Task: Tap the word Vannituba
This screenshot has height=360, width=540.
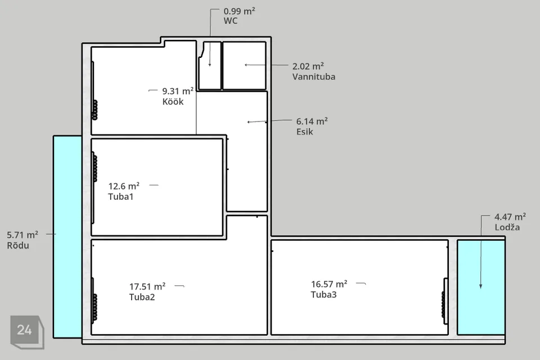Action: pyautogui.click(x=314, y=76)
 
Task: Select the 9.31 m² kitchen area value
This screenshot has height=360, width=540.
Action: pyautogui.click(x=178, y=91)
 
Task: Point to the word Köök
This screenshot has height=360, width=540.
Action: pyautogui.click(x=173, y=102)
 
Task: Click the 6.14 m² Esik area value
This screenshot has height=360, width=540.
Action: pyautogui.click(x=312, y=121)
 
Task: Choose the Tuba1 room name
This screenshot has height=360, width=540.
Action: pyautogui.click(x=120, y=197)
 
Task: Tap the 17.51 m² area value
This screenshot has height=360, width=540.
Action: pyautogui.click(x=147, y=287)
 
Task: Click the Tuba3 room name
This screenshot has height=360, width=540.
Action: pyautogui.click(x=324, y=295)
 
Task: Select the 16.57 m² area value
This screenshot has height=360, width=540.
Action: pyautogui.click(x=329, y=284)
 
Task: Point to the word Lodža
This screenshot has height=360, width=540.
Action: pyautogui.click(x=507, y=227)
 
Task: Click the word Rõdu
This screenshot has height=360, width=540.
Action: pyautogui.click(x=18, y=245)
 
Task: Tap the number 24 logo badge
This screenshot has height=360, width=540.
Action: pyautogui.click(x=27, y=332)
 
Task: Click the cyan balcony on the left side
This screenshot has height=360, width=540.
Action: pyautogui.click(x=67, y=237)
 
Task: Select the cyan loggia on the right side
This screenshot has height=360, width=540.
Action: pyautogui.click(x=481, y=287)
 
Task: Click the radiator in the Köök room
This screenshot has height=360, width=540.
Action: pyautogui.click(x=94, y=110)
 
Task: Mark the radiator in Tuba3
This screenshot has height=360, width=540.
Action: pyautogui.click(x=444, y=304)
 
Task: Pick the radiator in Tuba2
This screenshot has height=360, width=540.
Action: pyautogui.click(x=94, y=308)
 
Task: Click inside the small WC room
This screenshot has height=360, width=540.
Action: pyautogui.click(x=210, y=65)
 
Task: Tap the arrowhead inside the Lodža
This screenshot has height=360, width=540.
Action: pyautogui.click(x=481, y=286)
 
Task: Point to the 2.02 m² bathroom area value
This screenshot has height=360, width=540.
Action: pyautogui.click(x=308, y=66)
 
